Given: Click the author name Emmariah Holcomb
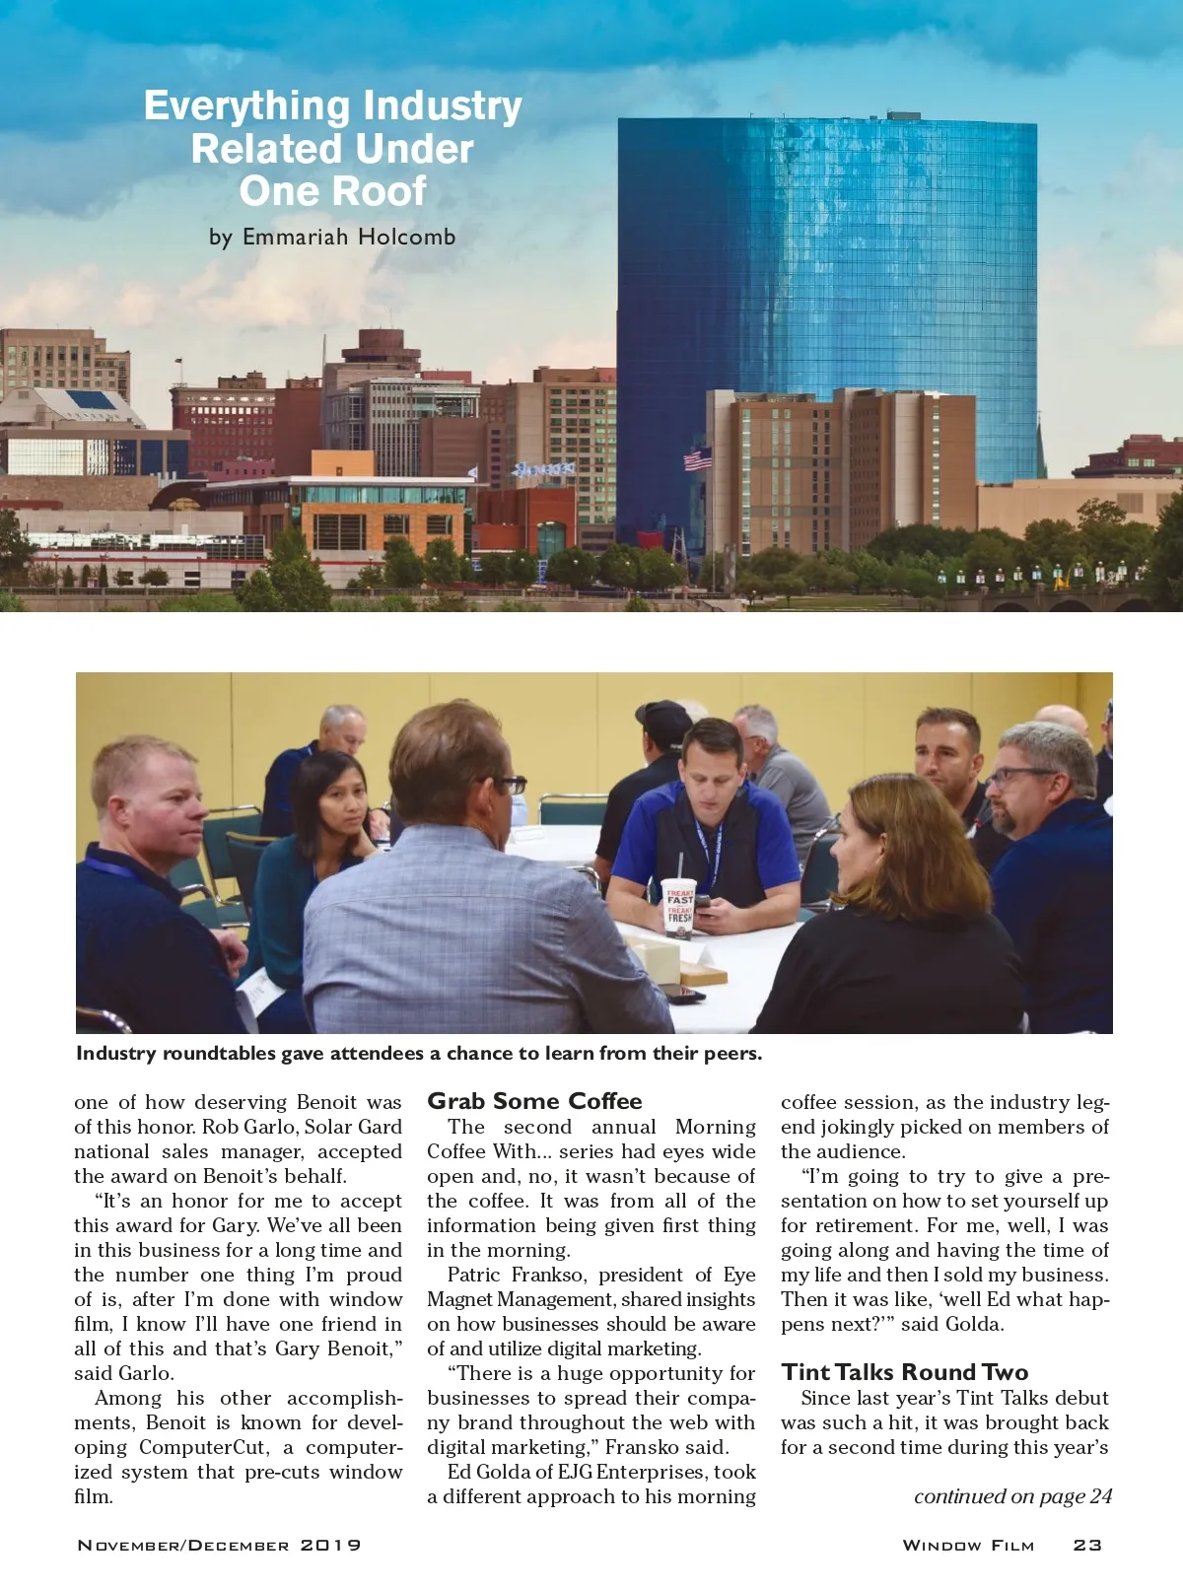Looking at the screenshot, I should pyautogui.click(x=349, y=237).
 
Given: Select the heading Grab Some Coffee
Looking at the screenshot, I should pyautogui.click(x=534, y=1101).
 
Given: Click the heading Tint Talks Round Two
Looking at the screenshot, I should pyautogui.click(x=904, y=1372).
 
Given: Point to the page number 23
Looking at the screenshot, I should pyautogui.click(x=1087, y=1545).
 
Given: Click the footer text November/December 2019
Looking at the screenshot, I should pyautogui.click(x=219, y=1545).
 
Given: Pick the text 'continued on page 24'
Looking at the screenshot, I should pyautogui.click(x=1012, y=1496).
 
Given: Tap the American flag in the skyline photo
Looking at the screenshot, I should pyautogui.click(x=698, y=459).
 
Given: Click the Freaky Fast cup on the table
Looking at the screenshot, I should pyautogui.click(x=678, y=904).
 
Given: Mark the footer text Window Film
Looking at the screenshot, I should pyautogui.click(x=968, y=1545).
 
